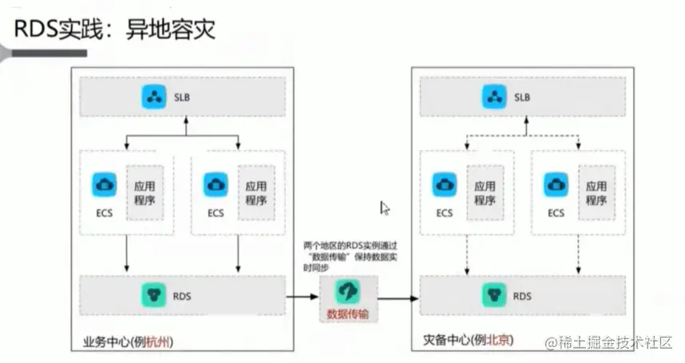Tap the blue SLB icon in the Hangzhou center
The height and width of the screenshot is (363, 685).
(x=152, y=97)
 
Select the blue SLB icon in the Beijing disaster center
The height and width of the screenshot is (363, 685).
(x=493, y=97)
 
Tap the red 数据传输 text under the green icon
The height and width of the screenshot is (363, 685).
(x=348, y=314)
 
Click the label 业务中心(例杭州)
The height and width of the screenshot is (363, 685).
(x=129, y=341)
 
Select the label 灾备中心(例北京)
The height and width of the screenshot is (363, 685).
(x=467, y=341)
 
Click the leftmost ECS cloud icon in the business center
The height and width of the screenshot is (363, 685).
(x=104, y=183)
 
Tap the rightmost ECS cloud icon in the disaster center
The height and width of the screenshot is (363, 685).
(x=556, y=184)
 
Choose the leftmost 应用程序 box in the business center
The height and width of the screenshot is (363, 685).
(x=145, y=192)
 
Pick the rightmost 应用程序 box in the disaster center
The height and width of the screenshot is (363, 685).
(x=596, y=192)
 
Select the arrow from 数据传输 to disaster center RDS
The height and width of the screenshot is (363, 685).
(x=398, y=299)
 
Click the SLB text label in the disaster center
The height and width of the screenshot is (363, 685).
(x=522, y=98)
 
